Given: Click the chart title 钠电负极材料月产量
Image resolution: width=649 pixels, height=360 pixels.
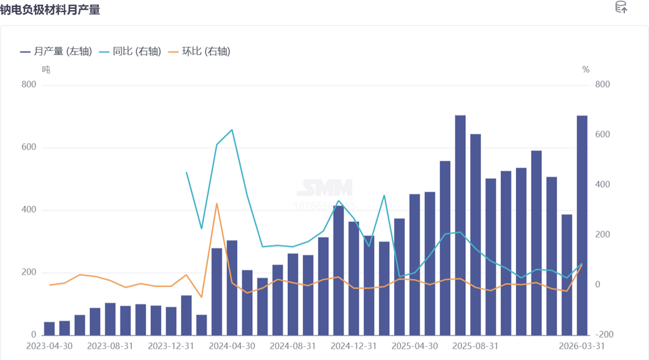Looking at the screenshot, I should coord(50,10).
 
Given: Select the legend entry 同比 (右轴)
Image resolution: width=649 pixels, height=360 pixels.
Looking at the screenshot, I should coord(129,51).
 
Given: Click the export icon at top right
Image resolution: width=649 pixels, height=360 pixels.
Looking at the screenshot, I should coord(621,8).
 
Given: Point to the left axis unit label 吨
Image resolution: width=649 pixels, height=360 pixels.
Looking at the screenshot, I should coord(46,69).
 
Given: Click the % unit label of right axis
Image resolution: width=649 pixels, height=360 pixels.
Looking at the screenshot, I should coord(586,70).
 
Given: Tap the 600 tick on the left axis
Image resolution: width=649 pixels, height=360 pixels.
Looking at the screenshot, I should coord(29,148).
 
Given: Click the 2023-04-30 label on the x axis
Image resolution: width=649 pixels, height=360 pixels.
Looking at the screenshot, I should coord(49,347).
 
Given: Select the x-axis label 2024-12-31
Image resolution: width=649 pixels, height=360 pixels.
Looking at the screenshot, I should coord(354,347).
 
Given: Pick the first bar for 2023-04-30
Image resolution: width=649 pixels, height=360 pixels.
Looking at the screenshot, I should coord(49,328).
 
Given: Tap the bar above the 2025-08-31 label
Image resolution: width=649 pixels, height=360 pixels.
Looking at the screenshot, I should coord(475,235).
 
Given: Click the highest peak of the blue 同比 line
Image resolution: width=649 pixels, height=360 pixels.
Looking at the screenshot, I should coord(232,130).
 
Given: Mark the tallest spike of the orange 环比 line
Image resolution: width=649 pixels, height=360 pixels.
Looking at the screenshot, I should coord(217,203).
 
